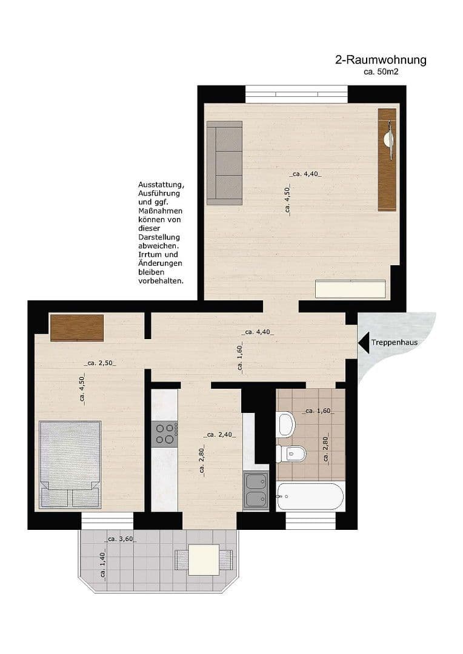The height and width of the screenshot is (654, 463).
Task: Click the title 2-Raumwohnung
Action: pos(381,60)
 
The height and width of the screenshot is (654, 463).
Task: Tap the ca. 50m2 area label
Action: pos(381,71)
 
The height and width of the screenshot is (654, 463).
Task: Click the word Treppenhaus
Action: pos(395,343)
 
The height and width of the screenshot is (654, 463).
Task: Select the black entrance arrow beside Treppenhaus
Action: pos(363,343)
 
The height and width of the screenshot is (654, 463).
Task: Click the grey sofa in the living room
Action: pos(224,162)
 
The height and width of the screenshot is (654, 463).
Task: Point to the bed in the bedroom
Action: pos(70,464)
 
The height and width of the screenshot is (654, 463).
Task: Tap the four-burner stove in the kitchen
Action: pos(164,433)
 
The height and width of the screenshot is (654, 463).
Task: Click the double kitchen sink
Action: pos(255,490)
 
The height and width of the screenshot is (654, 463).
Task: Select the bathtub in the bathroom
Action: pos(310,497)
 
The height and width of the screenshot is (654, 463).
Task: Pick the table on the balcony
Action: pos(204,560)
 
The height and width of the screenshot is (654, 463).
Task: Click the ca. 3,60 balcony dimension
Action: pos(120,539)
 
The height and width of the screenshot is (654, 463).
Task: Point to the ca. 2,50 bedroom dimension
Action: pos(100,363)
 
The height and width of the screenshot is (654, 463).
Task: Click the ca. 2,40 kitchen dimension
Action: pos(220,435)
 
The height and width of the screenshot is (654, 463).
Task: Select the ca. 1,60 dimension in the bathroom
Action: pos(318,411)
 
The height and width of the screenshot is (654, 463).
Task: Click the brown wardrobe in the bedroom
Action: pos(76,327)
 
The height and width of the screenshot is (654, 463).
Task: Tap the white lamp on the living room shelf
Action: pos(387,139)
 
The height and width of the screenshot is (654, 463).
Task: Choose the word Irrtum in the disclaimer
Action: pos(150,255)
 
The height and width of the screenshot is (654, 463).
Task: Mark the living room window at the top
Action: pos(296,94)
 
